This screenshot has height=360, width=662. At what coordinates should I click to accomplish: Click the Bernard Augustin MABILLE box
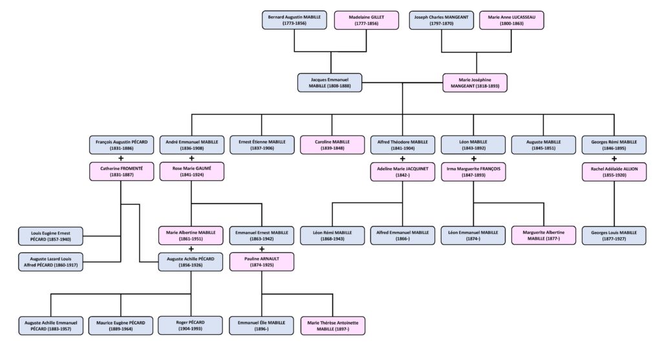[294, 19]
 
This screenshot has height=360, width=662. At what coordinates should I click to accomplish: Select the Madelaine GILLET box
[367, 19]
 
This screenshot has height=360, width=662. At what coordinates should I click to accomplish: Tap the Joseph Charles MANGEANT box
[441, 19]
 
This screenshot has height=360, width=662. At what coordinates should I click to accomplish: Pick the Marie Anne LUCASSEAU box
[511, 19]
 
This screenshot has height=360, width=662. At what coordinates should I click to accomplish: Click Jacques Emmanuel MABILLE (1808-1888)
[330, 82]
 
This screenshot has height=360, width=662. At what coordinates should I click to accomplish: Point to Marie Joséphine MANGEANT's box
[475, 82]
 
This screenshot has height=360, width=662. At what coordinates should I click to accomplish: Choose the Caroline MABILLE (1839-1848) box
[332, 145]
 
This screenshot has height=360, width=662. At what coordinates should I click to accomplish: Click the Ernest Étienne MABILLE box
[262, 145]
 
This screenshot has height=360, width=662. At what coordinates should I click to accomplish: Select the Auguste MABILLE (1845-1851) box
[543, 145]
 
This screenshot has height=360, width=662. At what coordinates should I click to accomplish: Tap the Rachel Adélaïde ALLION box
[614, 172]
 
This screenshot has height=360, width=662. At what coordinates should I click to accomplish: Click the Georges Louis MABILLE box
[614, 235]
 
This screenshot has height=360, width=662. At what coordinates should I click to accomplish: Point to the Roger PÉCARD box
[191, 324]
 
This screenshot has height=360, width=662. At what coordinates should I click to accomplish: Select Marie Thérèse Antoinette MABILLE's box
[332, 324]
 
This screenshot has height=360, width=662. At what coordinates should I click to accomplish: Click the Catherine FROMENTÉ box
[121, 172]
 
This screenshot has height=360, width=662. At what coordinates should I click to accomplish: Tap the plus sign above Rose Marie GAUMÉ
[191, 158]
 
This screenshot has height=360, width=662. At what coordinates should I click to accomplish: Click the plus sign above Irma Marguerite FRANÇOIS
[473, 158]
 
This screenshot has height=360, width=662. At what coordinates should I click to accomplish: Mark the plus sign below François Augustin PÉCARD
[121, 158]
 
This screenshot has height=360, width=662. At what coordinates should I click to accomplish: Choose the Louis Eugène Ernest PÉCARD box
[51, 235]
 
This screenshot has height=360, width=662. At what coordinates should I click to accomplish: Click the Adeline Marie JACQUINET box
[403, 172]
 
